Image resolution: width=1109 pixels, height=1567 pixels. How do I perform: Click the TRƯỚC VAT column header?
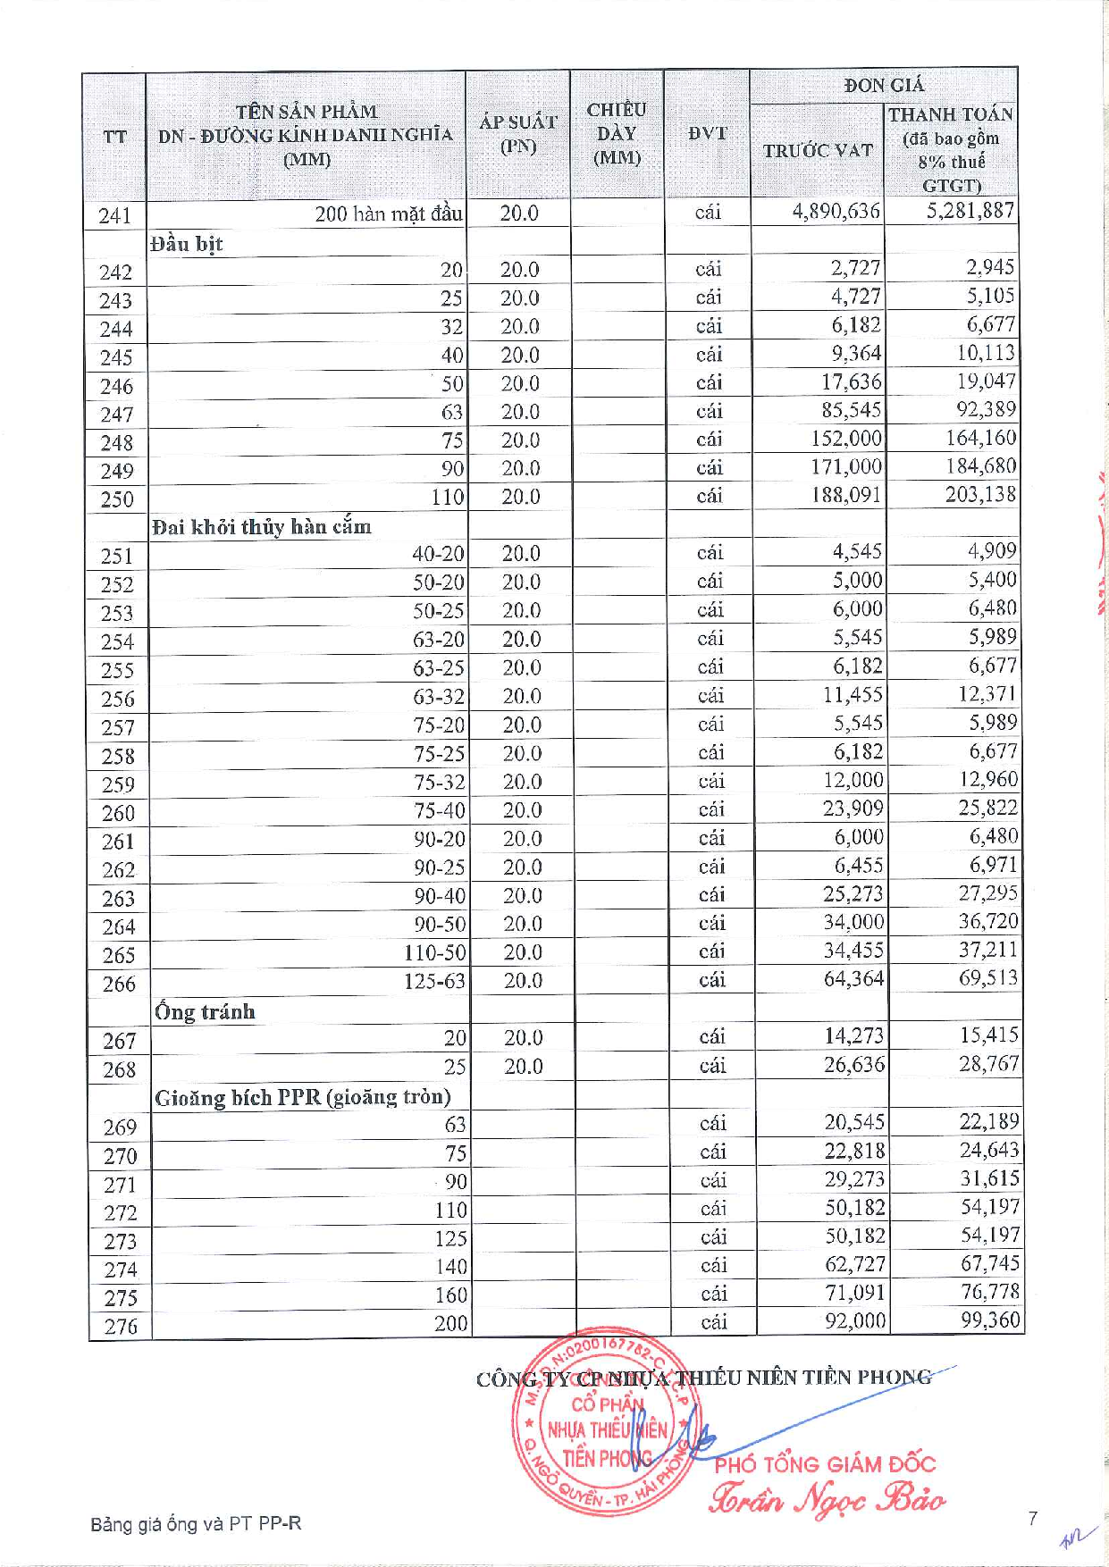pyautogui.click(x=817, y=150)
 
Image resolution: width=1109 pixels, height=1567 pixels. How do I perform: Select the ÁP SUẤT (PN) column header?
pyautogui.click(x=517, y=134)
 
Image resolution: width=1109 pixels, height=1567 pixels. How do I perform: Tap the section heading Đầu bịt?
pyautogui.click(x=186, y=244)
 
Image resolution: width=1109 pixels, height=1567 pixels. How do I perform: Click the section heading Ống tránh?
pyautogui.click(x=205, y=1012)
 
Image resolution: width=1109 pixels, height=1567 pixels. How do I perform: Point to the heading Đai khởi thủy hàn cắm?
pyautogui.click(x=261, y=527)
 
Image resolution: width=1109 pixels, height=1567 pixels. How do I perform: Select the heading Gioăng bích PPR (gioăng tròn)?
pyautogui.click(x=302, y=1098)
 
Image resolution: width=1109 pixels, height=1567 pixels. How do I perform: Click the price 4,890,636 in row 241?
pyautogui.click(x=836, y=212)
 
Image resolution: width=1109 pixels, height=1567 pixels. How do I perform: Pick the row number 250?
pyautogui.click(x=116, y=499)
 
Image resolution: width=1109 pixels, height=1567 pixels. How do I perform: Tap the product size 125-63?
pyautogui.click(x=434, y=981)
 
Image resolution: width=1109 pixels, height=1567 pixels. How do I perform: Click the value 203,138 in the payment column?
pyautogui.click(x=980, y=494)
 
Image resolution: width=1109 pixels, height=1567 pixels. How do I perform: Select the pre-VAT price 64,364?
pyautogui.click(x=853, y=979)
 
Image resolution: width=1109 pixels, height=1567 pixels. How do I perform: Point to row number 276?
pyautogui.click(x=120, y=1327)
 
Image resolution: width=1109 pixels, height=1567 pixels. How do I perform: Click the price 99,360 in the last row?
pyautogui.click(x=989, y=1320)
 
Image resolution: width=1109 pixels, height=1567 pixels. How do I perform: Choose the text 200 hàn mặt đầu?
pyautogui.click(x=388, y=214)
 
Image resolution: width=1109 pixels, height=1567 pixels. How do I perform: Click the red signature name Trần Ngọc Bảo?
pyautogui.click(x=827, y=1498)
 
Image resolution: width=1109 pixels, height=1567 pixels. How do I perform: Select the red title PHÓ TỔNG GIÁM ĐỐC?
pyautogui.click(x=824, y=1464)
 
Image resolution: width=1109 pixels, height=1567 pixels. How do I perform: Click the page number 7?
pyautogui.click(x=1032, y=1518)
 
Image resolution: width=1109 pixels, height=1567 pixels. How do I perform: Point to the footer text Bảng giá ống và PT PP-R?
pyautogui.click(x=196, y=1523)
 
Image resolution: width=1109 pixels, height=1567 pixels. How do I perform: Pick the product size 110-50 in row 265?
pyautogui.click(x=434, y=953)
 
